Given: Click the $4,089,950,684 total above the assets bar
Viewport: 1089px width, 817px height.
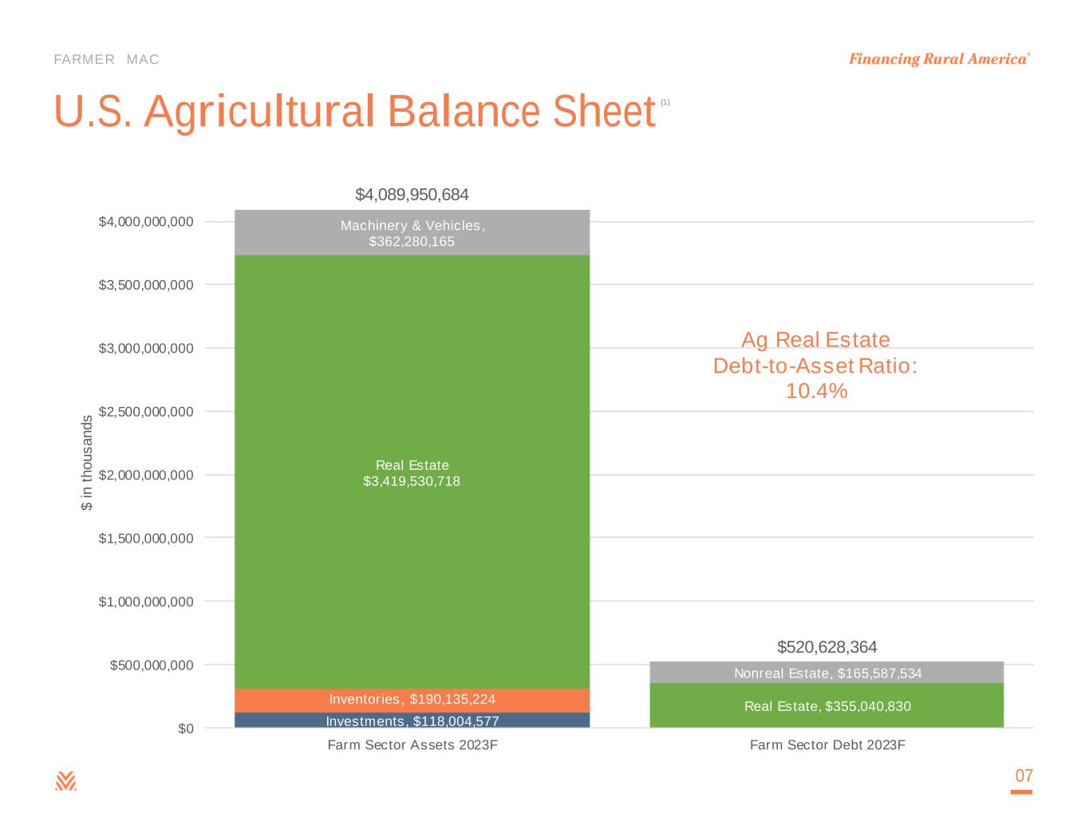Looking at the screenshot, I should coord(412,195).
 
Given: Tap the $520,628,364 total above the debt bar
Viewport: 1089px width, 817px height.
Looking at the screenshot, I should coord(827,646).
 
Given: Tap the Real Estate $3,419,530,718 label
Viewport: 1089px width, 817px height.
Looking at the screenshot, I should coord(412,473).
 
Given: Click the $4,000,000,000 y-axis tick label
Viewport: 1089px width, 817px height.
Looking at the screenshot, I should coord(146,222).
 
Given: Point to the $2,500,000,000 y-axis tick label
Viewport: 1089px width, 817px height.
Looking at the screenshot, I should coord(146,412).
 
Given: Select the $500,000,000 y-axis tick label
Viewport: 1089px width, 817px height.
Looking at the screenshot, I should coord(152,665).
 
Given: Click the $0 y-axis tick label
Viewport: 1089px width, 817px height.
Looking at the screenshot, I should coord(185,728).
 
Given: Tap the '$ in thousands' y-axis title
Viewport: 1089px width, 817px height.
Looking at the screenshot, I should coord(87,463).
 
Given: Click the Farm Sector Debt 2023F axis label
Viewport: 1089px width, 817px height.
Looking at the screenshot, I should coord(827,745).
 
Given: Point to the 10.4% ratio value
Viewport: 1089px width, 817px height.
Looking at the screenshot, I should coord(816,392).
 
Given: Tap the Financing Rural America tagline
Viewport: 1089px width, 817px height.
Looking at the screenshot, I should coord(938,60).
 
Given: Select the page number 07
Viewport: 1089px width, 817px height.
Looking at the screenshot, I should coord(1024,776).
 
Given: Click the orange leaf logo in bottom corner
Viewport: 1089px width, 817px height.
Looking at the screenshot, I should coord(65,781).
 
